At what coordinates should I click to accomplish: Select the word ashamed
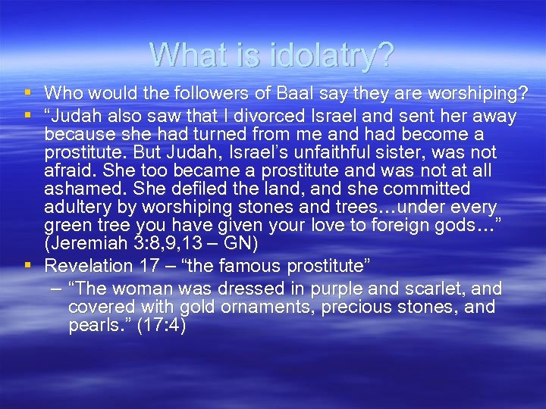76,189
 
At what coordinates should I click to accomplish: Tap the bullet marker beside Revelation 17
27,265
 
